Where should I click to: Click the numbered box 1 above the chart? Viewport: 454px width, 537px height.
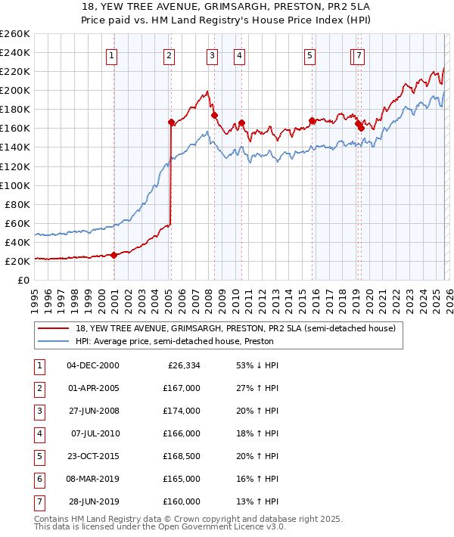pyautogui.click(x=111, y=54)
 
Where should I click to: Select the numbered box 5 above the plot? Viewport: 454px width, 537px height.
pyautogui.click(x=310, y=54)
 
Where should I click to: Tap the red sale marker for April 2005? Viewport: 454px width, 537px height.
pyautogui.click(x=171, y=122)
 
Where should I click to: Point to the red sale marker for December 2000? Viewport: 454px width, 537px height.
pyautogui.click(x=113, y=255)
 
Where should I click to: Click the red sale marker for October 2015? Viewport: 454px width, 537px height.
pyautogui.click(x=312, y=120)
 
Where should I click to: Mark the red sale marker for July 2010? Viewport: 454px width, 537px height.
pyautogui.click(x=241, y=123)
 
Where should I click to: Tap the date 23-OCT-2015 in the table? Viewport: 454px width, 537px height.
pyautogui.click(x=93, y=456)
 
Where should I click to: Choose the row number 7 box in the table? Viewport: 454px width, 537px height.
pyautogui.click(x=38, y=501)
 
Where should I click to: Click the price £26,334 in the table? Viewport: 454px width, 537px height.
pyautogui.click(x=184, y=365)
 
